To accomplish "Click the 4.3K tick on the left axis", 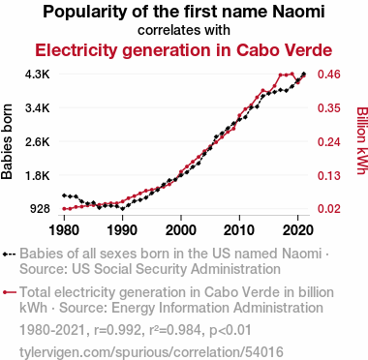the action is [38, 75].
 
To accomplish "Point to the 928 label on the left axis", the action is [40, 209].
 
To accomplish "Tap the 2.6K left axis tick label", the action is [38, 141].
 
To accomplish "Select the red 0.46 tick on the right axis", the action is [328, 75].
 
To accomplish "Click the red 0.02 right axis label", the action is [328, 209].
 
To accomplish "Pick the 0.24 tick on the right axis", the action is [328, 141].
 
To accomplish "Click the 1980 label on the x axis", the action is [64, 230].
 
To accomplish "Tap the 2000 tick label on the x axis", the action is [181, 230].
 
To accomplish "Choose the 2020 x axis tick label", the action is [297, 230].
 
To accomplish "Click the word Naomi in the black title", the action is [298, 12].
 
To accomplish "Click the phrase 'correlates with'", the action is [184, 30].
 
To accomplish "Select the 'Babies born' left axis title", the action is [7, 141].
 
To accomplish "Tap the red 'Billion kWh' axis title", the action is [362, 141].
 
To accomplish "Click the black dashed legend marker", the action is [9, 255].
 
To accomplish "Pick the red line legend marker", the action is [9, 292].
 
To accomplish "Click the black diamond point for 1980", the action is [64, 195].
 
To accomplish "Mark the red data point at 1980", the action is [64, 209].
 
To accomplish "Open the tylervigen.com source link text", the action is [151, 352].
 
